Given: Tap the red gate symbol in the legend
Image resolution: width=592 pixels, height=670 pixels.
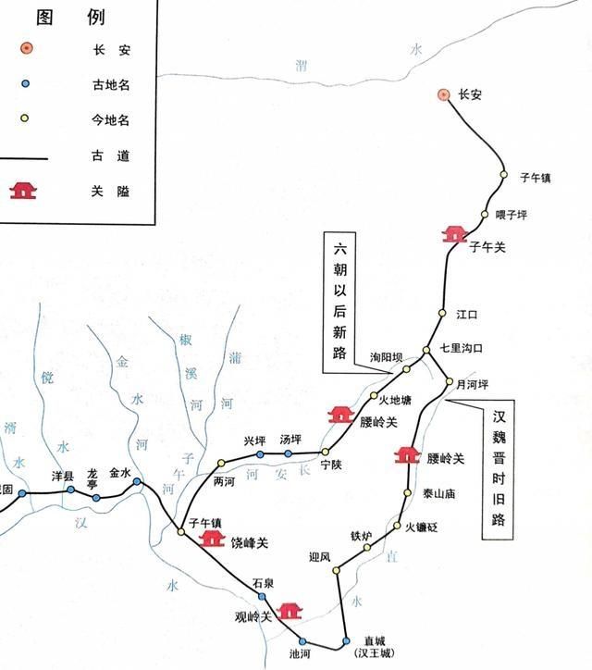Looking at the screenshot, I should point(24,190).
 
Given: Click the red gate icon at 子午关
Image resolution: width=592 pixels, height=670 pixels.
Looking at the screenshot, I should point(454,234).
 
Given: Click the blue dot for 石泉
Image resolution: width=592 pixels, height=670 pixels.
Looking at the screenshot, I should point(262,596).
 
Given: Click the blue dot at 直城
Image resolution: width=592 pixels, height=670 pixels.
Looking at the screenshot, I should point(345,640).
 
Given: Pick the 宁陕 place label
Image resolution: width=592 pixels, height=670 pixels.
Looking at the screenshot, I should point(330,465).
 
